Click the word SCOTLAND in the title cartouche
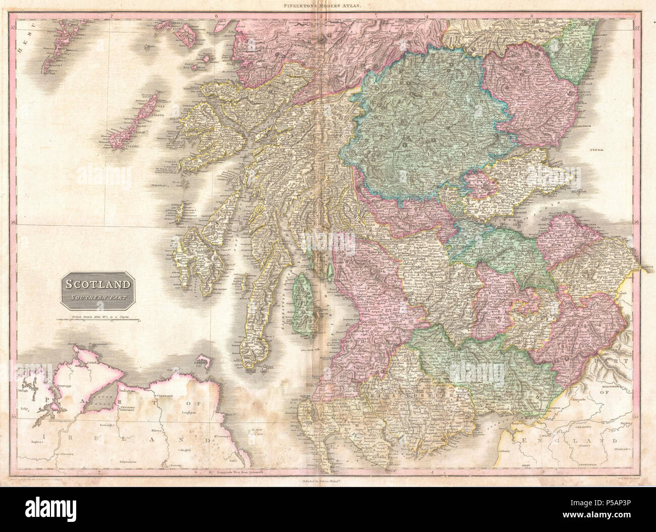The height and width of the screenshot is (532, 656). click(x=96, y=284)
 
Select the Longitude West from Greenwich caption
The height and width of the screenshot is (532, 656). click(x=241, y=472)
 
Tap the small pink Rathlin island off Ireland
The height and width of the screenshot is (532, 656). click(x=203, y=360)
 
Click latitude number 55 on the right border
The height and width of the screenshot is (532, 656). click(x=637, y=417)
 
